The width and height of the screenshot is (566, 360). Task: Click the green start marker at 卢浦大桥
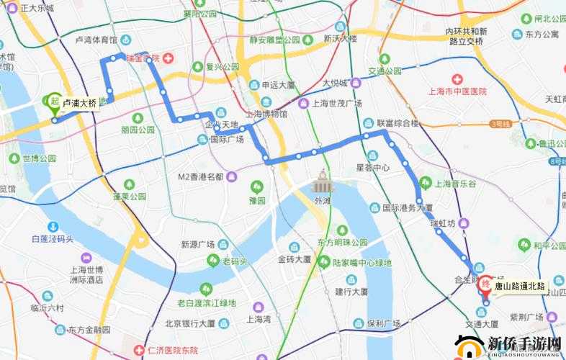click(55, 103)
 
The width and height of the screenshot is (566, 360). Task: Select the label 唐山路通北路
click(519, 287)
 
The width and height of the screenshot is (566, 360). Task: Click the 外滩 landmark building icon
click(321, 184)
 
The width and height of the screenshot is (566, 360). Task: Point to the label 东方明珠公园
click(342, 243)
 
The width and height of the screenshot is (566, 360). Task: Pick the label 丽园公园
click(138, 130)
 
